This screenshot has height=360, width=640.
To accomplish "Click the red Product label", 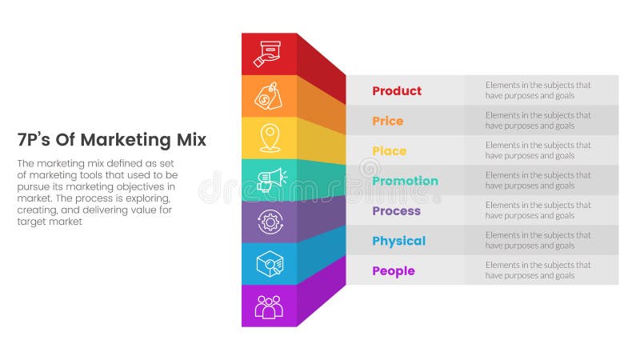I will [x=397, y=91].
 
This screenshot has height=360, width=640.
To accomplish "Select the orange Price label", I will [x=387, y=121].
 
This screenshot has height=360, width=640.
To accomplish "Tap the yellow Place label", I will [x=389, y=151].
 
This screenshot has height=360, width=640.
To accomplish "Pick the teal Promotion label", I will [x=405, y=181].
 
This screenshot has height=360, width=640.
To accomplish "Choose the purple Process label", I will [x=396, y=211].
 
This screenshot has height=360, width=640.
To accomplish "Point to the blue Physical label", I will [x=398, y=241].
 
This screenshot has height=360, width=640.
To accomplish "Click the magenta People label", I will [x=393, y=271].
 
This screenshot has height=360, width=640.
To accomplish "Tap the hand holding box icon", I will [x=268, y=54].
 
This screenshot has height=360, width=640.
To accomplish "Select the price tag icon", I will [x=268, y=96].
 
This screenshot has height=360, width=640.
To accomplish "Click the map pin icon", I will [x=268, y=138].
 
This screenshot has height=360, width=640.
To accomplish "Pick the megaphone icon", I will [x=268, y=180].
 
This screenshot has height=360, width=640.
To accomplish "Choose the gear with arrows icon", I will [x=268, y=222].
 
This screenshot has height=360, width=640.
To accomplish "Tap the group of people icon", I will [x=268, y=306].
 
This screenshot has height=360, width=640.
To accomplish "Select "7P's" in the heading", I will [x=33, y=140].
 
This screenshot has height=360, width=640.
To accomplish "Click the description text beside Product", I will [x=538, y=90].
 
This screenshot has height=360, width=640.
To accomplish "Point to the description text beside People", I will [x=538, y=270].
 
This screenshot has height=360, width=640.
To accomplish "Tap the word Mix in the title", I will [x=191, y=140].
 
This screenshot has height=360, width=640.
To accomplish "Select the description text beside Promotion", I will [x=538, y=181].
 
